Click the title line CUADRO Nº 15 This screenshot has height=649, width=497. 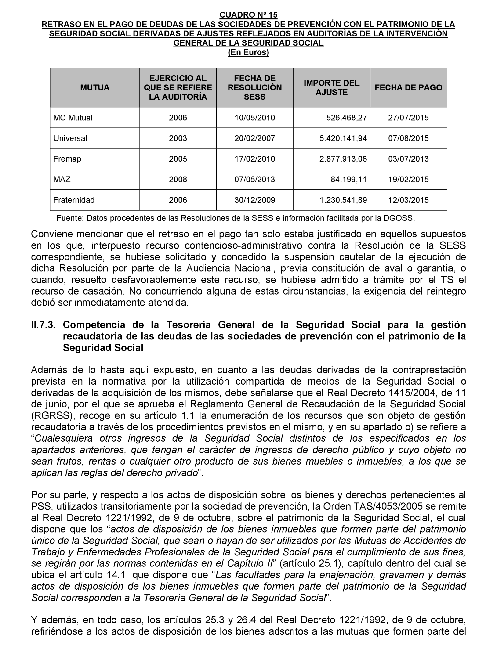pyautogui.click(x=248, y=14)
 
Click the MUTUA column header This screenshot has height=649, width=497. pyautogui.click(x=95, y=87)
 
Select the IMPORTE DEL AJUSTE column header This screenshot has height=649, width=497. pyautogui.click(x=331, y=87)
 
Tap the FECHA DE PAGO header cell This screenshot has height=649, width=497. pyautogui.click(x=408, y=87)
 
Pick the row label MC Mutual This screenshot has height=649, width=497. pyautogui.click(x=73, y=118)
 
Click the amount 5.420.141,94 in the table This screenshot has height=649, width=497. pyautogui.click(x=343, y=138)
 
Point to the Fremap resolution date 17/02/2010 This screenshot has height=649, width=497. pyautogui.click(x=254, y=159)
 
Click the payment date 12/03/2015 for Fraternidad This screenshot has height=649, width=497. pyautogui.click(x=408, y=200)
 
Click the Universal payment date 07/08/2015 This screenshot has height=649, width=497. pyautogui.click(x=408, y=138)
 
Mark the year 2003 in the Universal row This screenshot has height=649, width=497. pyautogui.click(x=178, y=138)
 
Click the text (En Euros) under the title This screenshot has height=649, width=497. pyautogui.click(x=248, y=52)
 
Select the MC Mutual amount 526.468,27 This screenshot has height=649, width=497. pyautogui.click(x=346, y=118)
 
